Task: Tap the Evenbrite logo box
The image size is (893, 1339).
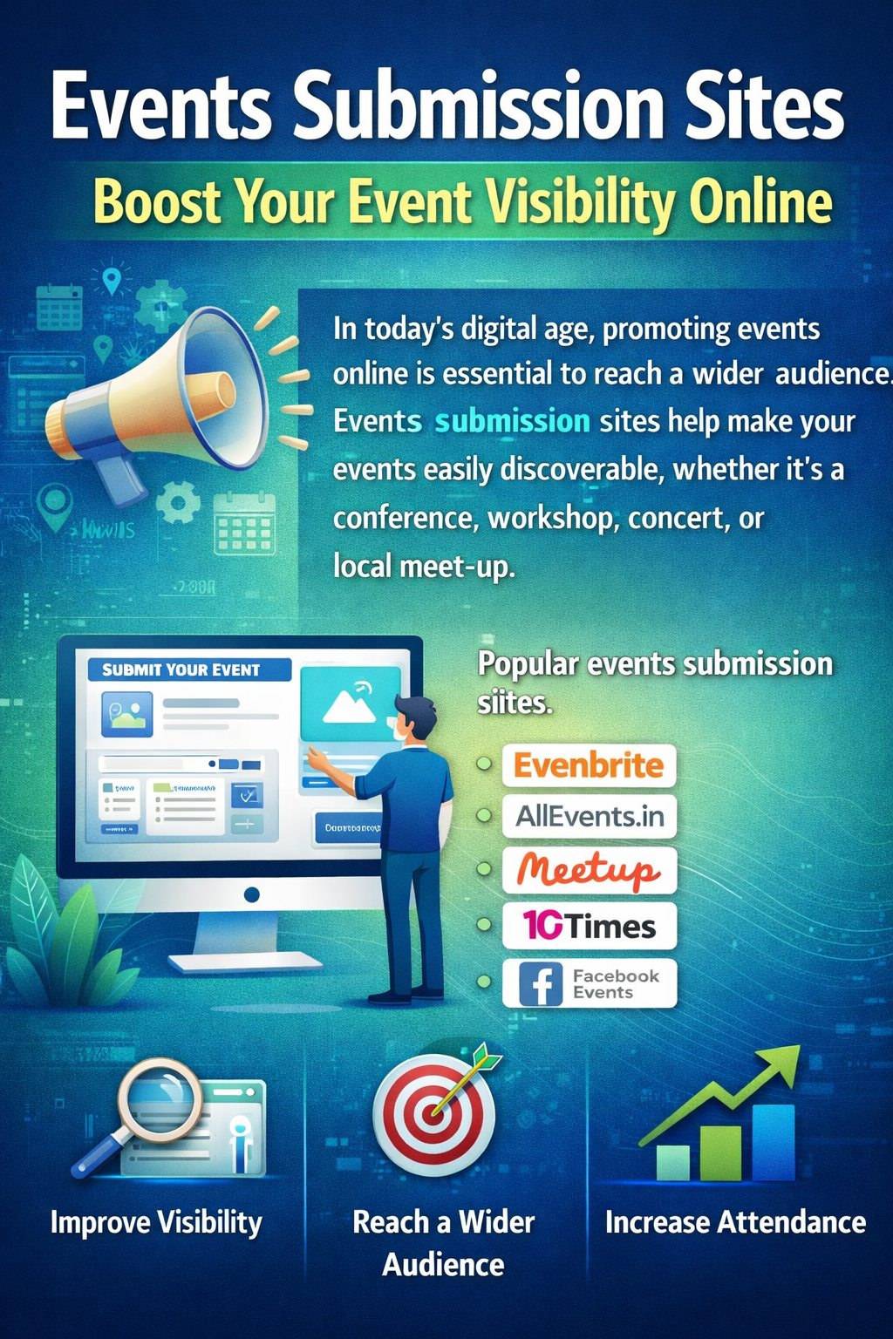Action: (589, 765)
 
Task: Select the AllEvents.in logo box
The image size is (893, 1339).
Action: (589, 816)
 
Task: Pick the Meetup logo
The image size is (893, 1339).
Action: (589, 869)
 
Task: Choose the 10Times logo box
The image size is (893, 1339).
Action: (589, 925)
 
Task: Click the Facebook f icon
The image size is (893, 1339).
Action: (541, 984)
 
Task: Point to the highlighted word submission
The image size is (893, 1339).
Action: (512, 422)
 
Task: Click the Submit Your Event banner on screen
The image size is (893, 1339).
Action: (189, 669)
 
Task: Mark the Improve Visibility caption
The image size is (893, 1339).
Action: (156, 1222)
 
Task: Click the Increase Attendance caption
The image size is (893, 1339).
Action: (735, 1222)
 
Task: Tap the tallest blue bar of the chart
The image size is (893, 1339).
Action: (773, 1141)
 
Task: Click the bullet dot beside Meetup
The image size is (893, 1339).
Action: (484, 869)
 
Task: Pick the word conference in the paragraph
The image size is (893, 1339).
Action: (405, 519)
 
